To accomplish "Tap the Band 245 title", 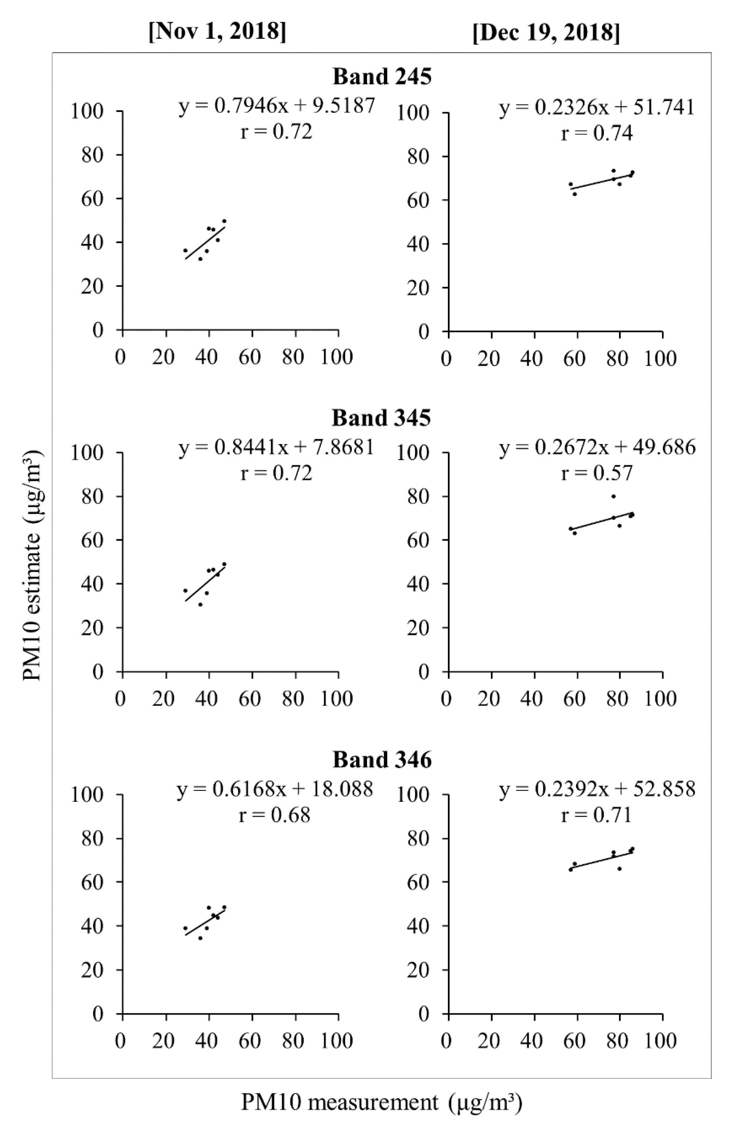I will [382, 76].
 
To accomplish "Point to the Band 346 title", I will [382, 759].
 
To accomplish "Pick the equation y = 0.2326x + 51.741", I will [597, 108].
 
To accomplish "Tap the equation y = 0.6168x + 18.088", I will [275, 789].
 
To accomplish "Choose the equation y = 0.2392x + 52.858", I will [598, 789].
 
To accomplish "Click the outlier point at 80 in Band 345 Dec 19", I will [613, 496].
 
